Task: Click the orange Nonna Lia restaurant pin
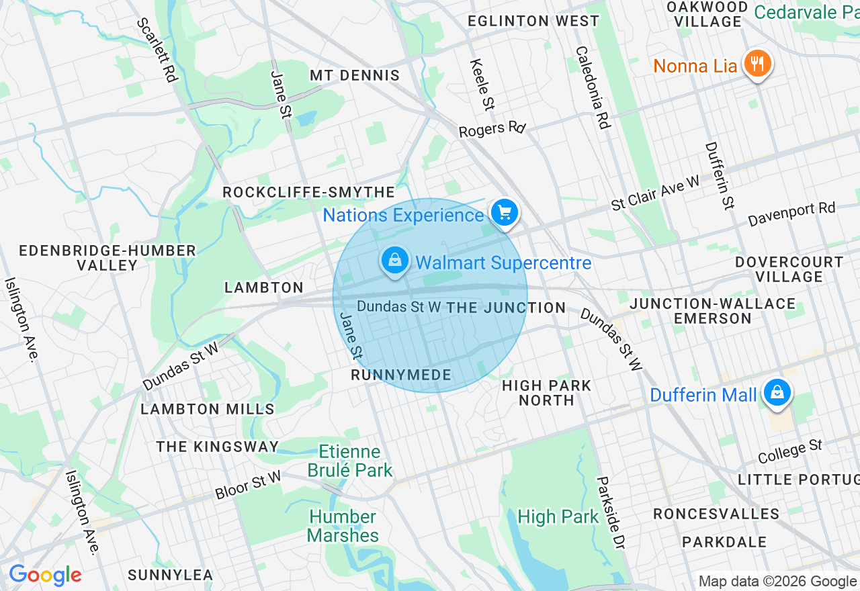[758, 65]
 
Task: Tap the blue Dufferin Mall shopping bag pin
[777, 392]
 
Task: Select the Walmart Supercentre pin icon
[395, 260]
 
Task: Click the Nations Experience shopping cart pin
[505, 214]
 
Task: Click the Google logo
[45, 575]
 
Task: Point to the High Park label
[558, 516]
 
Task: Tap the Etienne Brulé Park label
[349, 461]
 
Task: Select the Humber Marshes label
[343, 526]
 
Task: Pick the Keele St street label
[482, 85]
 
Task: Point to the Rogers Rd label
[492, 128]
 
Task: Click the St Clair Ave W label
[655, 193]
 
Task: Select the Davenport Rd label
[791, 214]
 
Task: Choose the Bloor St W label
[249, 485]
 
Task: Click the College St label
[790, 451]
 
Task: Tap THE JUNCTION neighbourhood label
[506, 308]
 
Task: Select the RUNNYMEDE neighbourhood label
[401, 375]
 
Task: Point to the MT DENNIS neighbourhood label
[355, 75]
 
